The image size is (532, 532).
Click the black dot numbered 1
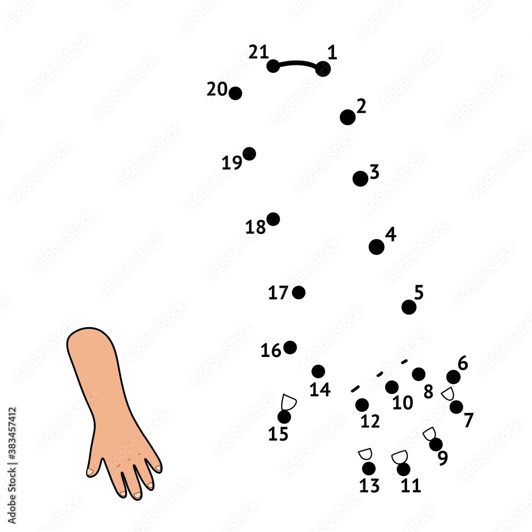coord(323,69)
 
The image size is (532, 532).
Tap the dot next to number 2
coord(347,117)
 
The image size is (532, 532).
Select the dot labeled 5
coord(409,307)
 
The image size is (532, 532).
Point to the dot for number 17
coord(299,292)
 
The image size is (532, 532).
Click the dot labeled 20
coord(235,94)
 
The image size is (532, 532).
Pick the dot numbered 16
coord(290,347)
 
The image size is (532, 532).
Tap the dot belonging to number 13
coord(369,469)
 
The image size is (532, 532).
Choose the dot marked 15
coord(285,417)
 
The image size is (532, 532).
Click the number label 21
coord(258,52)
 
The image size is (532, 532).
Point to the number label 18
coord(255,228)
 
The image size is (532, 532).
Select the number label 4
coord(391,234)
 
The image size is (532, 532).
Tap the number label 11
coord(411,486)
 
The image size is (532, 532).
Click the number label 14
coord(320,390)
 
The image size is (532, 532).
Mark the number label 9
coord(443,458)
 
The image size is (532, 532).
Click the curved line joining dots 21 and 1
coord(298,63)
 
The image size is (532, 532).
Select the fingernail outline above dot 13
coord(365,454)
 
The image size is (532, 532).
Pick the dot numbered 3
coord(360,179)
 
